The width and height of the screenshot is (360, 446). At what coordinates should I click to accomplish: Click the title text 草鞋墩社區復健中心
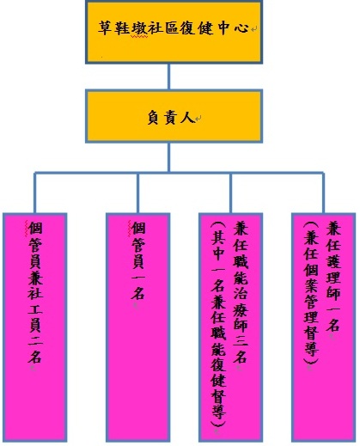(174, 28)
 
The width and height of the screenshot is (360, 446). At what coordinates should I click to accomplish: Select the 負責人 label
(171, 118)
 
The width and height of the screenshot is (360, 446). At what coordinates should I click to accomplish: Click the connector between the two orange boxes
(168, 76)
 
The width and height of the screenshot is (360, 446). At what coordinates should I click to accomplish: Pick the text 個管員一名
(138, 260)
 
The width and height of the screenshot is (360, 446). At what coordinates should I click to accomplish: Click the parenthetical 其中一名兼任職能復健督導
(218, 324)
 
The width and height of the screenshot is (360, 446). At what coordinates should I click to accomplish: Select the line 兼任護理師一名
(333, 277)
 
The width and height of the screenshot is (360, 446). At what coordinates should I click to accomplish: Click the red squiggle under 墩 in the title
(139, 37)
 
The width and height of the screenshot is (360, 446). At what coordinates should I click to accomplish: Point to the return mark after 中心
(254, 29)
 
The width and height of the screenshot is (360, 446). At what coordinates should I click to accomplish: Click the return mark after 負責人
(198, 118)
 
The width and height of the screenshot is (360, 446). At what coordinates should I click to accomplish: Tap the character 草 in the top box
(105, 28)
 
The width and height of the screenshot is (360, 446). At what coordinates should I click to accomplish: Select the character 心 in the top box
(241, 28)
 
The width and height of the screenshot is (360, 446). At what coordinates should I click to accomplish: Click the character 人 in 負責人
(187, 118)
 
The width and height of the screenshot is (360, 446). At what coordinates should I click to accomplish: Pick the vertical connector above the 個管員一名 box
(137, 192)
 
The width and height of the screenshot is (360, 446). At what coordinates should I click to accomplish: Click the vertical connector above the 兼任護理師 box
(323, 192)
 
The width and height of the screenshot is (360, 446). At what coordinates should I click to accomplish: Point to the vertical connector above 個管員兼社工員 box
(35, 192)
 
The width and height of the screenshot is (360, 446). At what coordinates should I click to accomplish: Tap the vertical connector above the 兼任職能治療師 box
(231, 192)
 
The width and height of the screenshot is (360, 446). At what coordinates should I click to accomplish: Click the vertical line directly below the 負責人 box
(169, 157)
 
